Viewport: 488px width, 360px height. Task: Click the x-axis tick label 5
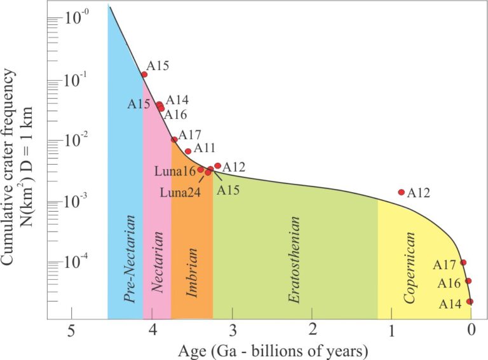coord(72,329)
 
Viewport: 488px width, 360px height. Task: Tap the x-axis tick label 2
coord(312,329)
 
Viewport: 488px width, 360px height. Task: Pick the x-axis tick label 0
coord(471,329)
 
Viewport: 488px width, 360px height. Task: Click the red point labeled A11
coord(188,151)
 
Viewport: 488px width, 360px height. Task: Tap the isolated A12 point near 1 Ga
coord(401,192)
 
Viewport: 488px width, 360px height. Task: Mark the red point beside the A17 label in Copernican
coord(463,263)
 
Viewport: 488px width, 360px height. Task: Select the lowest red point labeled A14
coord(470,301)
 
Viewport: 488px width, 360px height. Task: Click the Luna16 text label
coord(175,170)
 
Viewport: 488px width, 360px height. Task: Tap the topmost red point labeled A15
coord(144,74)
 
